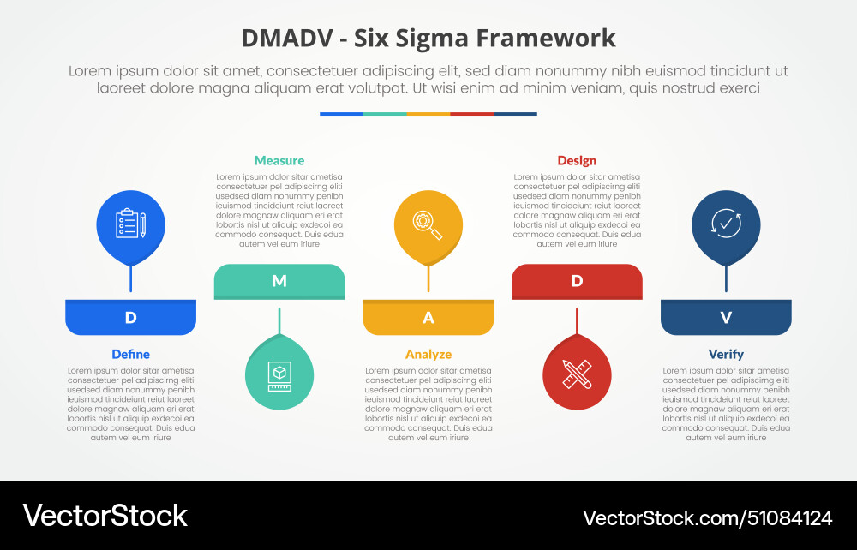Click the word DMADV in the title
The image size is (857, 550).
click(x=287, y=39)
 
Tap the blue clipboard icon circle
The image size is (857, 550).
click(x=130, y=225)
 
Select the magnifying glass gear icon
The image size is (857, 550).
click(x=427, y=224)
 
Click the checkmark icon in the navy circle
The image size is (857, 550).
click(x=726, y=224)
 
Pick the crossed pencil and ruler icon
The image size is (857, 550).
click(x=577, y=374)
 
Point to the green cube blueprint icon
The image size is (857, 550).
click(x=279, y=376)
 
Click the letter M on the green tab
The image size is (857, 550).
click(x=279, y=281)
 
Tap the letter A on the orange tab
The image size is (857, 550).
click(x=428, y=317)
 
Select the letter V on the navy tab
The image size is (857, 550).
click(x=726, y=317)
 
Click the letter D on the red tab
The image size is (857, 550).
click(x=577, y=281)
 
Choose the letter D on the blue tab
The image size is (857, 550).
click(x=130, y=317)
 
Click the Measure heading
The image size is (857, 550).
click(x=279, y=160)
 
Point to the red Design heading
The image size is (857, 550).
click(x=577, y=160)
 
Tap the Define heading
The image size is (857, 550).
click(x=130, y=354)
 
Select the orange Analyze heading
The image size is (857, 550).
click(x=428, y=355)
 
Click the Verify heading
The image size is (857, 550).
click(x=726, y=355)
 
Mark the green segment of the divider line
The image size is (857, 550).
click(x=385, y=114)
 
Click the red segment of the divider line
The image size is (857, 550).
click(x=471, y=114)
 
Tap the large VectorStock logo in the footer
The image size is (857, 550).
click(x=105, y=516)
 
